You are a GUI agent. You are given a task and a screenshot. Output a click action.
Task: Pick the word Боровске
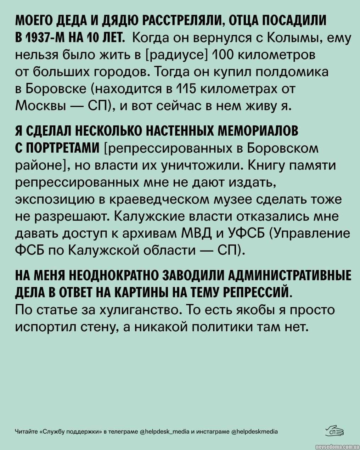click(56, 89)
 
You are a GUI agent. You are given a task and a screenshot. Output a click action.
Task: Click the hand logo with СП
click(335, 431)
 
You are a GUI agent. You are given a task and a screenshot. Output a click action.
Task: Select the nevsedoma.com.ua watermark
click(336, 445)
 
